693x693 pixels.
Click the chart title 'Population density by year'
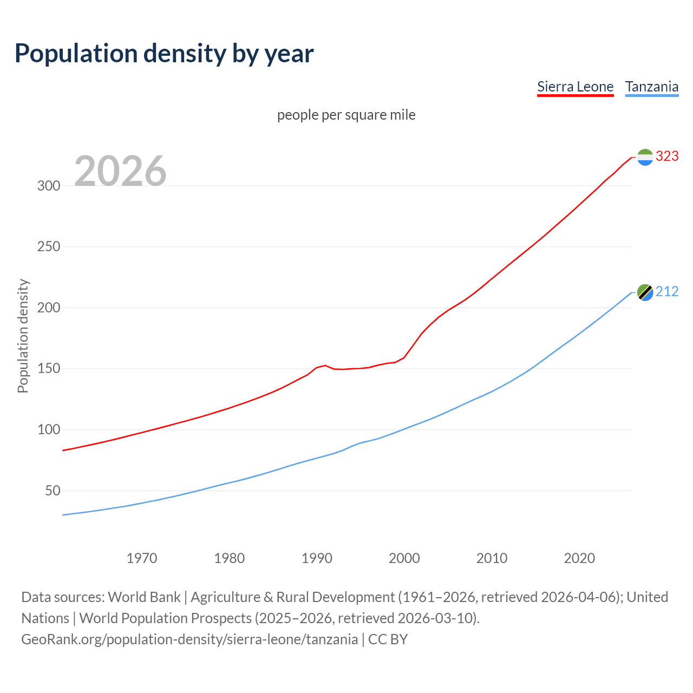click(x=164, y=53)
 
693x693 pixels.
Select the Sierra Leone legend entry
click(x=575, y=87)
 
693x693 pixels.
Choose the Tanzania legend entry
click(x=651, y=87)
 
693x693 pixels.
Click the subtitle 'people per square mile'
click(x=346, y=115)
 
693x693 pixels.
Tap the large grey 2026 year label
click(x=120, y=171)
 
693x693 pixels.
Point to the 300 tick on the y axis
click(x=48, y=186)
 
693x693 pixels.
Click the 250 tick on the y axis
click(x=48, y=247)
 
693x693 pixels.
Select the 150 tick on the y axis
click(x=48, y=369)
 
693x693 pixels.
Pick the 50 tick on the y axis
click(x=52, y=491)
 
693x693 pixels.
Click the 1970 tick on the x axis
click(x=142, y=558)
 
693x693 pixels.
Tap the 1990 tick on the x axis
click(x=317, y=558)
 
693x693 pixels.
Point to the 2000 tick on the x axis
click(x=404, y=558)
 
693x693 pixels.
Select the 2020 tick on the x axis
click(x=579, y=558)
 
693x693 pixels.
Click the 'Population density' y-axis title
click(x=23, y=336)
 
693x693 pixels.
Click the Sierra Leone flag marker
click(x=645, y=157)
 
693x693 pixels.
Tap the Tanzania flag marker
click(x=645, y=292)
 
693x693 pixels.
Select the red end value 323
click(x=667, y=156)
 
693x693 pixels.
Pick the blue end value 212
click(x=667, y=291)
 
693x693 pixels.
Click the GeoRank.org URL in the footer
click(x=189, y=639)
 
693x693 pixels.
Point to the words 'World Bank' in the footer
click(x=144, y=597)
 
